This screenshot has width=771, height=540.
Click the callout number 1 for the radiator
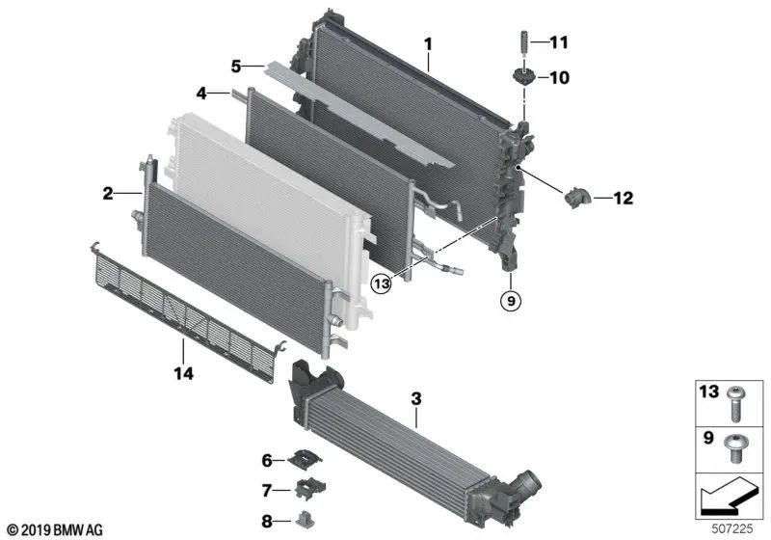click(x=429, y=42)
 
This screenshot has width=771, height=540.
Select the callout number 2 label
click(x=108, y=195)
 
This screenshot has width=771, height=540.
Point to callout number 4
click(x=201, y=94)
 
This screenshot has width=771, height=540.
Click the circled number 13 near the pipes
click(x=384, y=283)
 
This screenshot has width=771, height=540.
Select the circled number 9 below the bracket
click(x=511, y=302)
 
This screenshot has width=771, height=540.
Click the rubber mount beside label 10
click(x=523, y=78)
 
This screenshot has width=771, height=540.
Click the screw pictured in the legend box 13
click(x=737, y=401)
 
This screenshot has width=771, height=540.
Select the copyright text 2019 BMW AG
click(x=55, y=529)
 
